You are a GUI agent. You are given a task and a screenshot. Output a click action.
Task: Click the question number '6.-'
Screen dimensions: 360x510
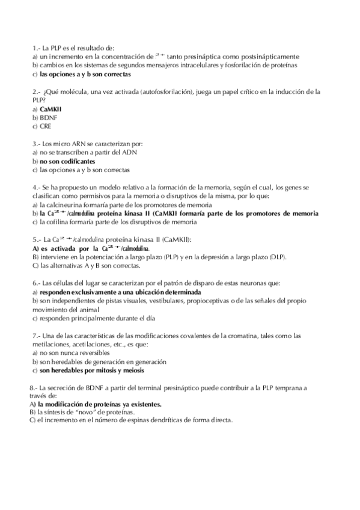36,283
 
